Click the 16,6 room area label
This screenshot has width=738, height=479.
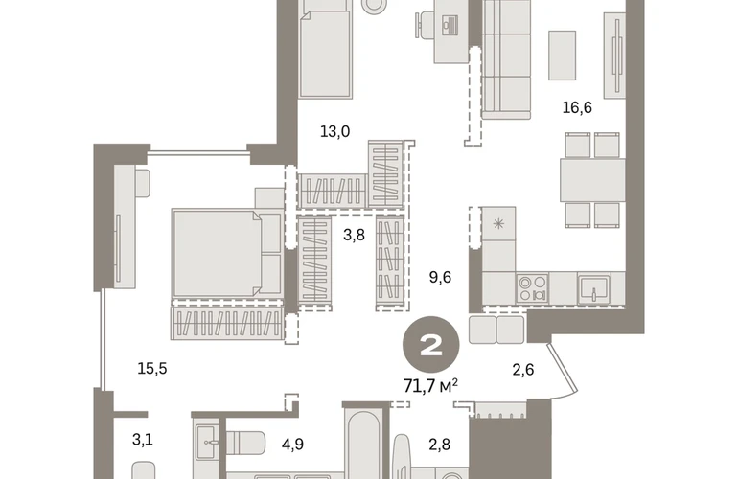tap(577, 107)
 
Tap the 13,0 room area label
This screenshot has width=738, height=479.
tap(334, 132)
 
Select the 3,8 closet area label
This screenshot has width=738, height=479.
tap(354, 235)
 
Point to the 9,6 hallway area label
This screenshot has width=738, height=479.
tap(440, 277)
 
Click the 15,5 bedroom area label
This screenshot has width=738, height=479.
tap(152, 369)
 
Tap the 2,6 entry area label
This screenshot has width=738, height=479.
tap(523, 370)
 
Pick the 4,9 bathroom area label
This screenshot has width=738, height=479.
tap(292, 444)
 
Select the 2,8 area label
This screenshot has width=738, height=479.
tap(439, 444)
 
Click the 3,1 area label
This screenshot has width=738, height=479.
tap(142, 440)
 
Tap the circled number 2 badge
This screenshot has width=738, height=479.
tap(430, 345)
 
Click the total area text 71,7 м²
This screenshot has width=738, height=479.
tap(430, 386)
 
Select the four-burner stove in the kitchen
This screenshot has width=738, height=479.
tap(532, 288)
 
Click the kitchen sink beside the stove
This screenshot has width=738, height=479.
tap(594, 288)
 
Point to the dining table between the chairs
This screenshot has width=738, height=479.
tap(592, 180)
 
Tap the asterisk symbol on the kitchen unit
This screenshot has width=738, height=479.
tap(498, 223)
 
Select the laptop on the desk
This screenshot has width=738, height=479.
tap(450, 25)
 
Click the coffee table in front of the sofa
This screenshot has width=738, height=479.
tap(562, 55)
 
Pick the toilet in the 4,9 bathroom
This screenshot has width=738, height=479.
tap(244, 443)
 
